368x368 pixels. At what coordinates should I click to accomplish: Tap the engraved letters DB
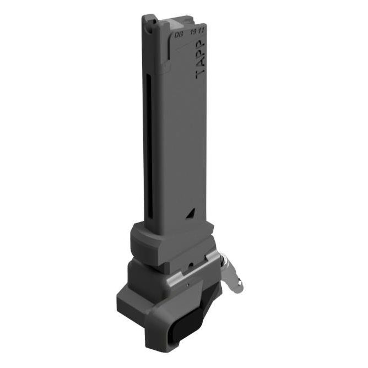[178, 34]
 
